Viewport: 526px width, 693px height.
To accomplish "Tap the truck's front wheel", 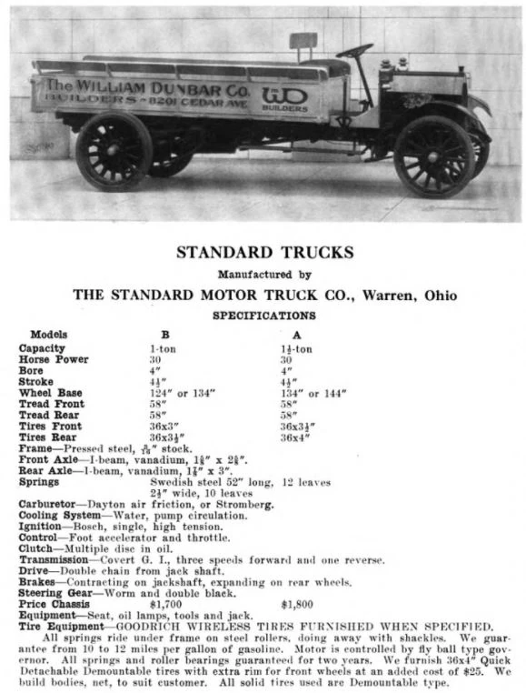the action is coord(433,156).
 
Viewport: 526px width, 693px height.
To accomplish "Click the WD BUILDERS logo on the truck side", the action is coord(284,96).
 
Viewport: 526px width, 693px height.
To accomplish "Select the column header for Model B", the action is coord(165,335).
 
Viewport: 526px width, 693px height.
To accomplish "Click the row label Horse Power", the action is coord(54,359).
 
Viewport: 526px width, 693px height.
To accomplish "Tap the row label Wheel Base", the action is coord(51,393).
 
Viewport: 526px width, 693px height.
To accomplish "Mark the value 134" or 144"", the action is coord(313,393).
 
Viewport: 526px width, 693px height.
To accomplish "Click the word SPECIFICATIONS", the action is coord(263,316).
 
